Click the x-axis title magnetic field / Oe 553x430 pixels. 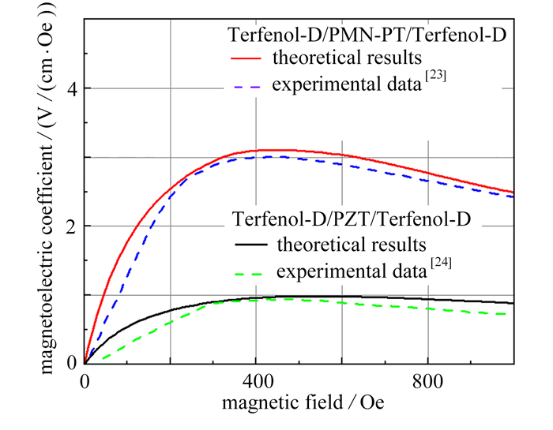pos(299,402)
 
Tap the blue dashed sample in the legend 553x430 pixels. pos(246,84)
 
